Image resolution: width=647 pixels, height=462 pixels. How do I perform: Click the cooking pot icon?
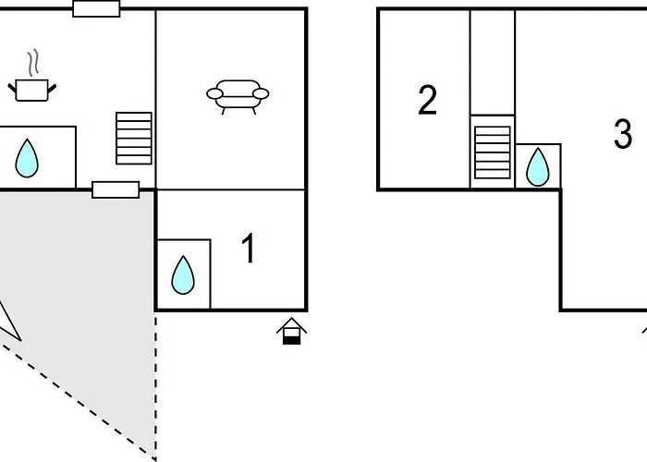[x=33, y=89]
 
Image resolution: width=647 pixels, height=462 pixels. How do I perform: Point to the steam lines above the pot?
[x=34, y=63]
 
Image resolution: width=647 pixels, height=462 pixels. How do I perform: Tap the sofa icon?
[x=238, y=94]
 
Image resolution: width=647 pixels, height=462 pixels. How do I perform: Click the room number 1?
[x=248, y=249]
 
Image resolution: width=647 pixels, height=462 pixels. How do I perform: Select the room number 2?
[x=427, y=101]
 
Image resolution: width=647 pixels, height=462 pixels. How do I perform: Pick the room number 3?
[x=623, y=135]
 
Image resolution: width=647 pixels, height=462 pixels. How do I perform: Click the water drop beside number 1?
[x=183, y=274]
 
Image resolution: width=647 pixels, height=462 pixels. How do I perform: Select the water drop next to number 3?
[x=538, y=167]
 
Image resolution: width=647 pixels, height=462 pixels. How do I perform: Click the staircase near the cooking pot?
[x=134, y=138]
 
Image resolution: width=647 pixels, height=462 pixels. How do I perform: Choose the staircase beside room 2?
[x=492, y=152]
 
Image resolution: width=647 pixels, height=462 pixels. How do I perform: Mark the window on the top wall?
[x=96, y=9]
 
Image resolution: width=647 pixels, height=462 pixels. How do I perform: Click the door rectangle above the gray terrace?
[x=116, y=189]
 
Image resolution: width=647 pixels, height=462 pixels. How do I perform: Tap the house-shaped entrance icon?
[x=292, y=331]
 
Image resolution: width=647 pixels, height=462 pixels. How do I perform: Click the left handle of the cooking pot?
[x=13, y=87]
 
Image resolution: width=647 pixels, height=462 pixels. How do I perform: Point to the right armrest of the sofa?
[x=262, y=93]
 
